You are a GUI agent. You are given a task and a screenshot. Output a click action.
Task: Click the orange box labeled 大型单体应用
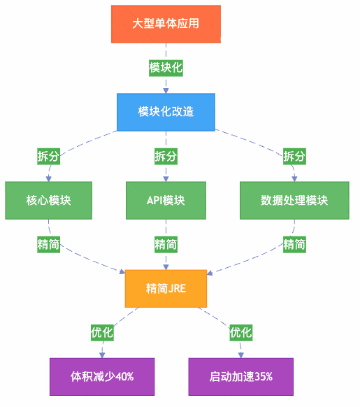click(166, 24)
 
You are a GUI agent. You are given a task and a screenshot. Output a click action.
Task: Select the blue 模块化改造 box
click(166, 112)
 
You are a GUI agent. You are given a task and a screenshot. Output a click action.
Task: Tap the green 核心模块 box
click(48, 201)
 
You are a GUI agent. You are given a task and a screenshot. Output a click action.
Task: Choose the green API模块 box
click(166, 201)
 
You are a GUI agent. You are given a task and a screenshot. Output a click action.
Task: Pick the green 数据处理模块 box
click(294, 201)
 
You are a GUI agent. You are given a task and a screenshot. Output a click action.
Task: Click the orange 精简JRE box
click(166, 288)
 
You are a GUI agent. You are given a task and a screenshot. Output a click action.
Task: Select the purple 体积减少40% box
click(102, 376)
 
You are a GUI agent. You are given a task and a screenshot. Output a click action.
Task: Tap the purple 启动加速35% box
click(241, 376)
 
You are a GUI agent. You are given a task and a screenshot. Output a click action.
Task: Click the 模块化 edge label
click(166, 68)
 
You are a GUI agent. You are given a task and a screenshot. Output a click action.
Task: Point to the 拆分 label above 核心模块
click(48, 156)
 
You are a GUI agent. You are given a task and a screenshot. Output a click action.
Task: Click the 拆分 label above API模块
click(166, 156)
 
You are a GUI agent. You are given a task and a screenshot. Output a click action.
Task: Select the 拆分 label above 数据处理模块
click(294, 156)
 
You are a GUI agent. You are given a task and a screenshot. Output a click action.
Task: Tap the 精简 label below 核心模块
click(48, 244)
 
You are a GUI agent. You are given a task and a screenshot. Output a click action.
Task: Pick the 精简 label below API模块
click(166, 244)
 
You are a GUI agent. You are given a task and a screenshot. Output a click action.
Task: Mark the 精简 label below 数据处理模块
click(294, 244)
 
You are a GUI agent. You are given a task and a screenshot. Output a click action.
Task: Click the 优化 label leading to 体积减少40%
click(102, 332)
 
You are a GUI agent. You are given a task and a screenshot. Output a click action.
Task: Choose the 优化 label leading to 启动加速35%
click(241, 332)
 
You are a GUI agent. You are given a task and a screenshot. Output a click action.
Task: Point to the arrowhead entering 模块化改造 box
click(166, 90)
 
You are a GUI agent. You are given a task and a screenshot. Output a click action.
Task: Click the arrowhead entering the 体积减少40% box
click(102, 355)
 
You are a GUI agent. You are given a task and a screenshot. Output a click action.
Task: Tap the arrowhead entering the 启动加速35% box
click(241, 355)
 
